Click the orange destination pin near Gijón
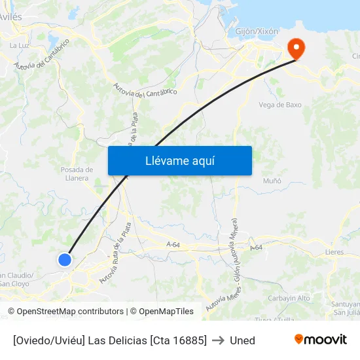pos(296,47)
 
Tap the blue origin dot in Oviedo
pos(65,260)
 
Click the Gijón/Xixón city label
pos(257,31)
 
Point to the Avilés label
pos(12,14)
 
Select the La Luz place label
pos(19,45)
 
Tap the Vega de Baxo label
pos(280,105)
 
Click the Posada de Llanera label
pos(77,173)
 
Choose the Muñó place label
pos(272,181)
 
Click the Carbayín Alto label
pos(289,298)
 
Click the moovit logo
pos(321,340)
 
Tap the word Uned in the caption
pos(242,340)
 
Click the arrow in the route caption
pos(218,340)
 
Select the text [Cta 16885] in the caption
pos(178,340)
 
